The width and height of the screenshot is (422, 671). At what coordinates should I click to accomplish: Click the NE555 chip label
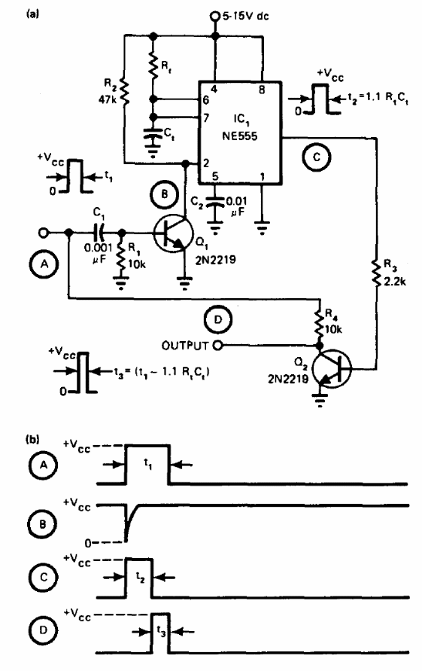(239, 136)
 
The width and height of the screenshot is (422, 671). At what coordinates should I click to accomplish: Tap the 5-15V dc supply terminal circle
(214, 17)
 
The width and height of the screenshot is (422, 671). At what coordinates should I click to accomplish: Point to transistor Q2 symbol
(332, 369)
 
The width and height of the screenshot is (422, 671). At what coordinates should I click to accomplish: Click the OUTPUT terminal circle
(217, 346)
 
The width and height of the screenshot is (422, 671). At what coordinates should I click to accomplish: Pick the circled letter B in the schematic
(165, 195)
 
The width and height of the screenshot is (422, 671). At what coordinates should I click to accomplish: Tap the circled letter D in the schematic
(217, 319)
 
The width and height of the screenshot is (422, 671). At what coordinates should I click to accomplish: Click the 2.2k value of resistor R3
(396, 282)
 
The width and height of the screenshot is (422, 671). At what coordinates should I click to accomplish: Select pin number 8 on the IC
(262, 90)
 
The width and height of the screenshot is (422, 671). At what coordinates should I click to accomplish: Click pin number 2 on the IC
(206, 163)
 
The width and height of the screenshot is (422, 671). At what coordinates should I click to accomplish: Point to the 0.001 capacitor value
(99, 248)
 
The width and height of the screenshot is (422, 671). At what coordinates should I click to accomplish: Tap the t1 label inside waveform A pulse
(148, 463)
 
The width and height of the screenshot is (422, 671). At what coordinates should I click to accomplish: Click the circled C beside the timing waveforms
(43, 578)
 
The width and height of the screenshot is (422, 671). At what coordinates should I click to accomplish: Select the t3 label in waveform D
(161, 631)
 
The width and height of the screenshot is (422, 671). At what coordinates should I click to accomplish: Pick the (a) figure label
(32, 14)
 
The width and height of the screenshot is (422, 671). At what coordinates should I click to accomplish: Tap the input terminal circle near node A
(43, 233)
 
